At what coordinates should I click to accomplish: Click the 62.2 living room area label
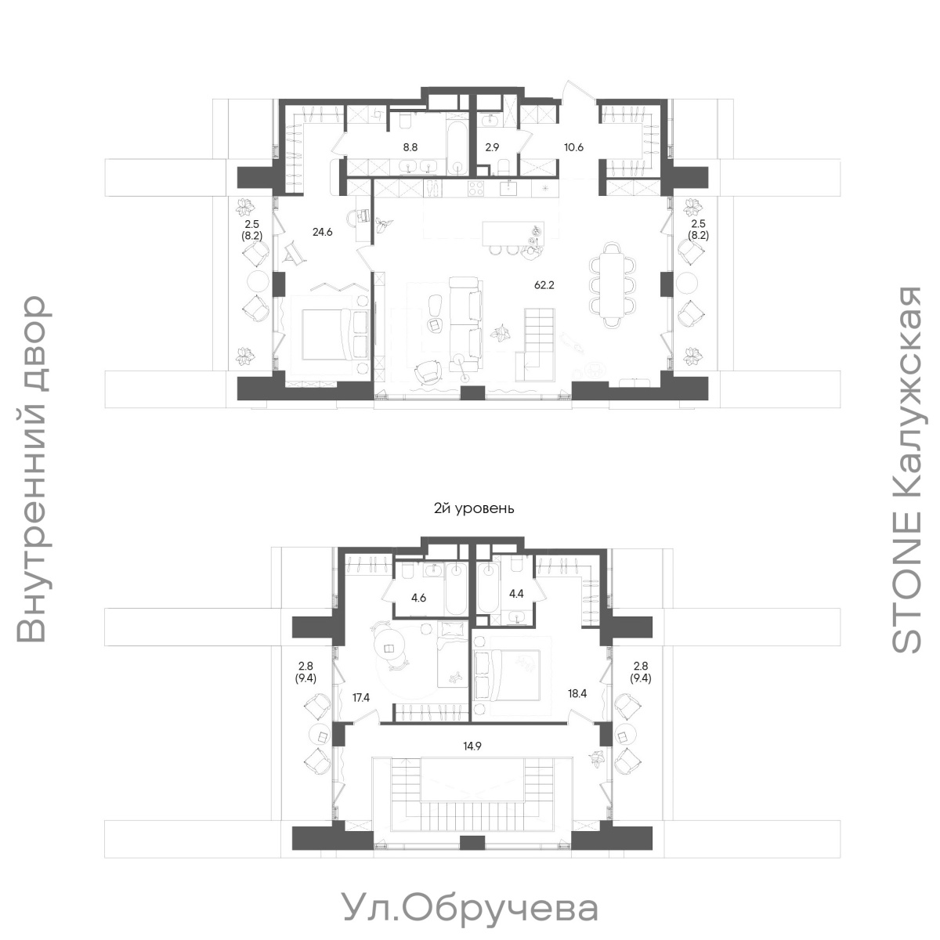point(544,285)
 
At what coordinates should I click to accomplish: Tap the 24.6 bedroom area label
point(322,232)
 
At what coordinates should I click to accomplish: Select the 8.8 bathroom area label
point(410,147)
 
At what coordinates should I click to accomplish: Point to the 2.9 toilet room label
point(493,147)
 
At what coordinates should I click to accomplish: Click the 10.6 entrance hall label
point(573,147)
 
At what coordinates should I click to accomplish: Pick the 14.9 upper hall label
point(472,747)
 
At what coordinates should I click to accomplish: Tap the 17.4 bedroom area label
point(361,698)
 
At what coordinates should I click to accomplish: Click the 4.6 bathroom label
point(418,598)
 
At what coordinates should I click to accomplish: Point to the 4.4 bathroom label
point(516,594)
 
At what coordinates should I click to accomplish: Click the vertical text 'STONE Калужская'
point(906,469)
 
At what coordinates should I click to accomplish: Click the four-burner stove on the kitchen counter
point(475,188)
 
